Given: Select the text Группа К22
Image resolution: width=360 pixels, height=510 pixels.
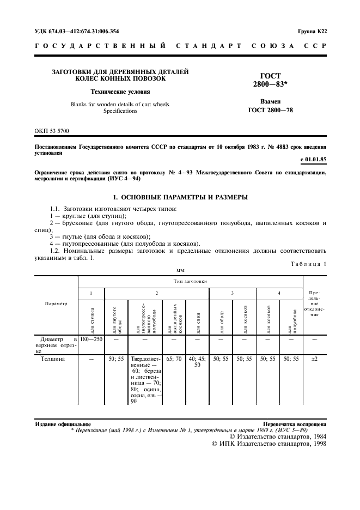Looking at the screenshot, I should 312,32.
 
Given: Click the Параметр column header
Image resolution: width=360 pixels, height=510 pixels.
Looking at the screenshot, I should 57,303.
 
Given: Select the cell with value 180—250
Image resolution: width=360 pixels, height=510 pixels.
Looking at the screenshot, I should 91,339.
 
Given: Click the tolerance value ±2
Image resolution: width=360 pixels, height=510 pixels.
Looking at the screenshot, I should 314,359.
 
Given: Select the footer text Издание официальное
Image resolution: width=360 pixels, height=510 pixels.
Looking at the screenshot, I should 63,423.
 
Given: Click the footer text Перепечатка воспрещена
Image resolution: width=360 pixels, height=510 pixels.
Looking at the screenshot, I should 294,423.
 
